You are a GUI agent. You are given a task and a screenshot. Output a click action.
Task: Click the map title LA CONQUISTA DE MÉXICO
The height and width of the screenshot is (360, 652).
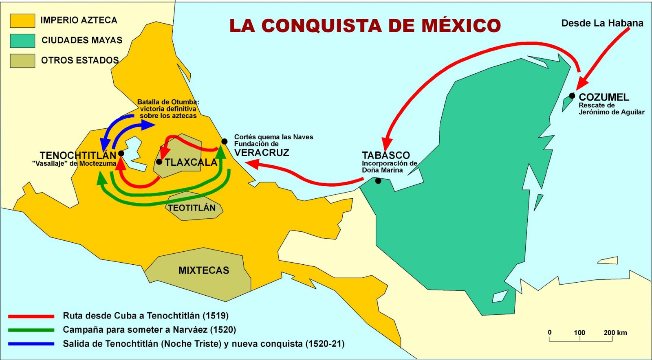(x=365, y=26)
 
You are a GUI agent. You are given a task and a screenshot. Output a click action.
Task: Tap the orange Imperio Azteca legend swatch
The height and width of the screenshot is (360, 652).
(x=22, y=21)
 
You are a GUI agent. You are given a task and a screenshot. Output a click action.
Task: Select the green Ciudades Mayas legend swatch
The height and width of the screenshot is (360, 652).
(x=22, y=41)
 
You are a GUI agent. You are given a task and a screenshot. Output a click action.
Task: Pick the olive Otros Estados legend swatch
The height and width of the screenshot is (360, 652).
(x=22, y=61)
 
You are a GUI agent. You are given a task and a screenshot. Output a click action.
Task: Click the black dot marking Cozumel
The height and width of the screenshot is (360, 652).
(x=572, y=96)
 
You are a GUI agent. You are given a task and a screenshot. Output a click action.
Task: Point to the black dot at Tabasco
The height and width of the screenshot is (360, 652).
(x=378, y=181)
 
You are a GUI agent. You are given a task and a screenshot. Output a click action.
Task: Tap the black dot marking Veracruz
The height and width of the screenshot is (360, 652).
(x=224, y=141)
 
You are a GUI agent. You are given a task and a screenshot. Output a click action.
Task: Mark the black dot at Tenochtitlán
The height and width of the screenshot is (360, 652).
(x=121, y=154)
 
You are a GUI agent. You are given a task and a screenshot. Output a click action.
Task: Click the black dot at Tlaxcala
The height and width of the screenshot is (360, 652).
(x=159, y=162)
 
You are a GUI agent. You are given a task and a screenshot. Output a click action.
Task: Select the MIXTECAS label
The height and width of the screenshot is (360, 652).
(x=204, y=270)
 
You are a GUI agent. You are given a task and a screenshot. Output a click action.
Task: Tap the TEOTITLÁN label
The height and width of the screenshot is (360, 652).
(x=192, y=208)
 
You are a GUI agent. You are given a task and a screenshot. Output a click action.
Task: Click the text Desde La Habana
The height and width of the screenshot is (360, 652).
(x=602, y=23)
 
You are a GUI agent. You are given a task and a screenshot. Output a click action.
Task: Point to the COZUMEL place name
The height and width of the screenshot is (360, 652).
(x=604, y=97)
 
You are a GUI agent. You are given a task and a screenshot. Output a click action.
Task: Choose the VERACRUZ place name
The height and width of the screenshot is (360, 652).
(x=262, y=153)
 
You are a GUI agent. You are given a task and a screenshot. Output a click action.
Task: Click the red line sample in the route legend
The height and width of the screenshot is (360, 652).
(x=31, y=316)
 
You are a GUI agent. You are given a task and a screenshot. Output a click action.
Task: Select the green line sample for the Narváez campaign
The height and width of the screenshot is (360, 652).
(x=31, y=330)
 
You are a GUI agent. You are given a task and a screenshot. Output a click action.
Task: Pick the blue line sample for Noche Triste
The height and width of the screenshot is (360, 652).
(x=31, y=344)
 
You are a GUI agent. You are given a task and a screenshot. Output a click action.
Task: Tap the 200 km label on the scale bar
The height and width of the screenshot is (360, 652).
(x=615, y=333)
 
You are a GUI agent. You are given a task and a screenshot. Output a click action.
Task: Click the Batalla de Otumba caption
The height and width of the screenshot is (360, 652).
(x=168, y=109)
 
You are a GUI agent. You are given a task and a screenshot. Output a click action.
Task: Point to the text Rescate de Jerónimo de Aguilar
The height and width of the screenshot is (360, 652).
(x=611, y=109)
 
